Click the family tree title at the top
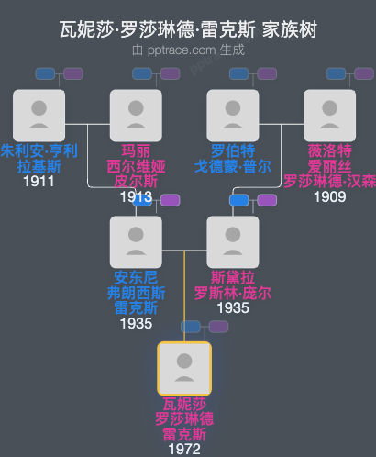[x=187, y=29]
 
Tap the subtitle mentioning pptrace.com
[x=187, y=50]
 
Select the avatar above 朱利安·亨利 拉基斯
[x=39, y=115]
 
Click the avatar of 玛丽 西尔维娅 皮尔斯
[x=136, y=115]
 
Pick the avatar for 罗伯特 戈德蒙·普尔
[x=233, y=115]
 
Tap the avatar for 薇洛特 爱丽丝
[x=329, y=115]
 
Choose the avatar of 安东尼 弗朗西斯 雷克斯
[x=136, y=241]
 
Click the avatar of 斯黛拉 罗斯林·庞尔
[x=233, y=241]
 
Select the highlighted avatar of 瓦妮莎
[x=184, y=368]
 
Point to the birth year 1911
[x=39, y=182]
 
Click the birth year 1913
[x=136, y=196]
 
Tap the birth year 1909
[x=329, y=196]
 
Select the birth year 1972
[x=184, y=450]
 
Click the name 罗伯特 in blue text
[x=233, y=151]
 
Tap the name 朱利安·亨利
[x=39, y=151]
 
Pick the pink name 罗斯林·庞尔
[x=233, y=294]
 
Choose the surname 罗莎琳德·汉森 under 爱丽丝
[x=329, y=181]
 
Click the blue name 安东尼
[x=136, y=278]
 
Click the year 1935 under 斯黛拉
[x=233, y=308]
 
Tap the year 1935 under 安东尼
[x=136, y=323]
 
